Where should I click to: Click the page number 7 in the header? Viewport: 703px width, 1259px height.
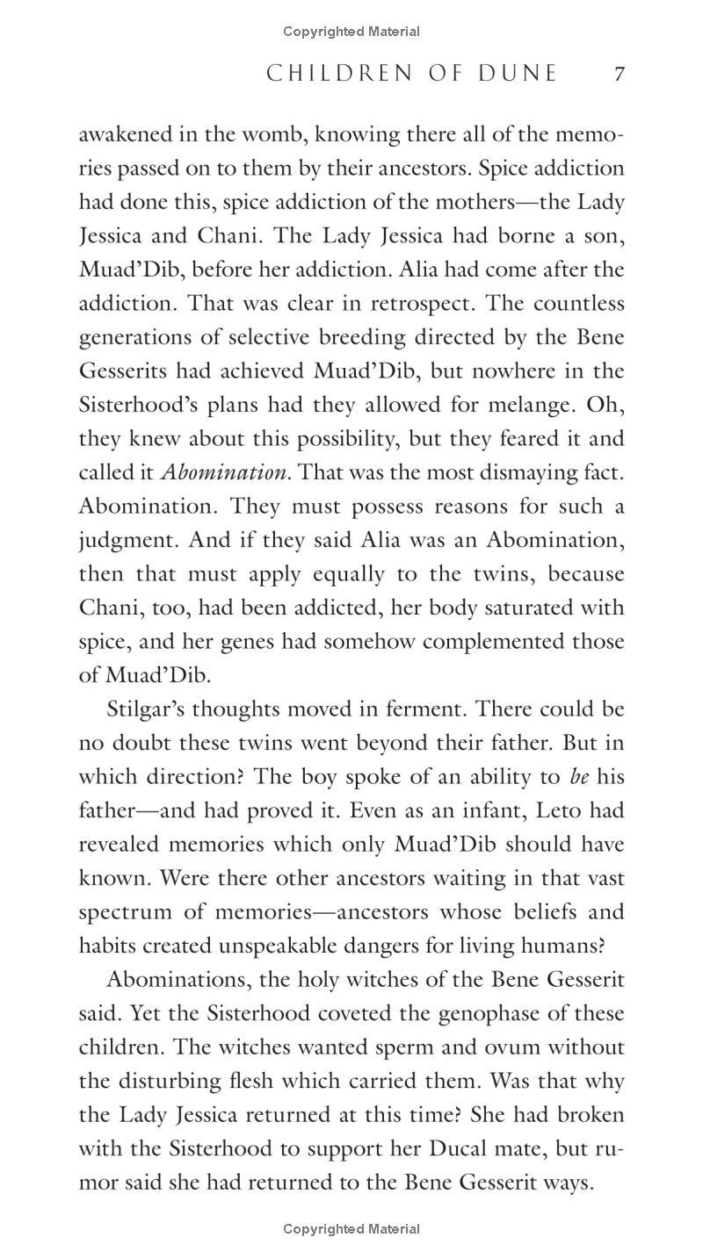click(620, 74)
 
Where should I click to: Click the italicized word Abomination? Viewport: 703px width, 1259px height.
click(224, 472)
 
